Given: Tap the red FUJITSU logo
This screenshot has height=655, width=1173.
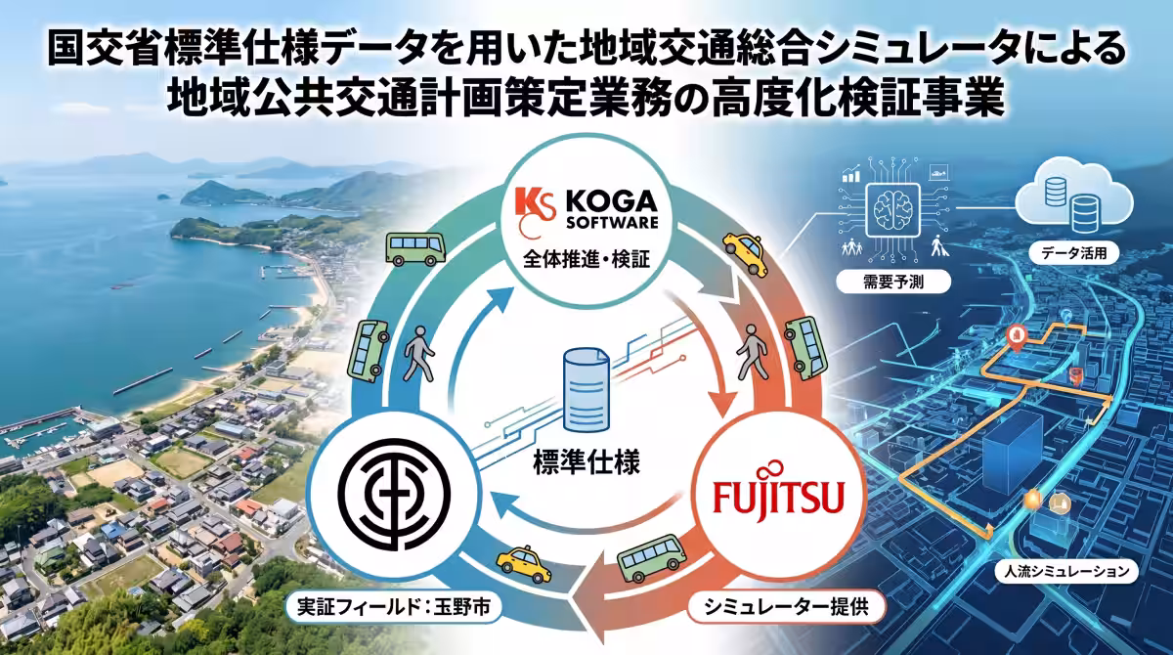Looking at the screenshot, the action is tap(779, 494).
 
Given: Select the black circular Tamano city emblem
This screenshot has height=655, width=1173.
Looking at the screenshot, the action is tap(394, 495).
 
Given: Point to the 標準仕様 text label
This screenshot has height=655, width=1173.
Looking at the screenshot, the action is tap(586, 462).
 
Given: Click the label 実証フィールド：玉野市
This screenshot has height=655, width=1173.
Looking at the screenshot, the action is tap(394, 607).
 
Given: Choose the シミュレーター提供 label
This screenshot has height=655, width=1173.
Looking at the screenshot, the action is tap(786, 607).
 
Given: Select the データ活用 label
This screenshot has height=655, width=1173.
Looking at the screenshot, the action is tap(1074, 253).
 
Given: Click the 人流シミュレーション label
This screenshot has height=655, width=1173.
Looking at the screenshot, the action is tap(1066, 571).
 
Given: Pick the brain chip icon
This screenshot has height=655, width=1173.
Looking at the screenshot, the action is tap(892, 210).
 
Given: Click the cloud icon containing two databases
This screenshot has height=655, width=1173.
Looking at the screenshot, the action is tap(1073, 196).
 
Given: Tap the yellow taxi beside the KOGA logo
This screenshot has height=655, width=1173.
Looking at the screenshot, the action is tap(746, 253).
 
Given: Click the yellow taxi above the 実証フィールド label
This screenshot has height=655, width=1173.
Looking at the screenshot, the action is tap(524, 563).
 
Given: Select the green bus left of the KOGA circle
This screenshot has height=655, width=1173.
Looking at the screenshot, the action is tap(415, 249).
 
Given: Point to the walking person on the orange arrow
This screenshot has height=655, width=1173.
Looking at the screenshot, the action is tap(753, 351).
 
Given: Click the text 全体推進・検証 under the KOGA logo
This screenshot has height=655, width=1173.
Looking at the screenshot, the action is tap(586, 259).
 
